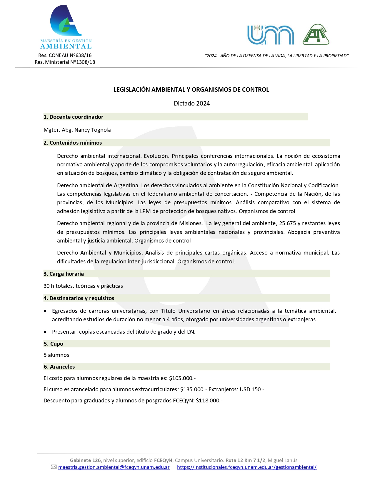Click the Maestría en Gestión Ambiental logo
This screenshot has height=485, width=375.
(x=66, y=27)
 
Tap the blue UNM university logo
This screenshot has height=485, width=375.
(x=270, y=35)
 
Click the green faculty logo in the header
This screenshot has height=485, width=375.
(x=316, y=35)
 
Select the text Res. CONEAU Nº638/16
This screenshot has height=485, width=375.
(x=65, y=55)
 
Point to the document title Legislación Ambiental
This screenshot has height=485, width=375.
(x=191, y=90)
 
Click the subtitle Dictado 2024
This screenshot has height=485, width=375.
(x=191, y=103)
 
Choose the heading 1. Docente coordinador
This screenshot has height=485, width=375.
(x=74, y=117)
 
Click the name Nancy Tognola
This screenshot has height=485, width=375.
(x=92, y=130)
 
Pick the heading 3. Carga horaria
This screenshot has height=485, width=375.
(x=64, y=274)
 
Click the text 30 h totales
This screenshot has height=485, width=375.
(x=59, y=286)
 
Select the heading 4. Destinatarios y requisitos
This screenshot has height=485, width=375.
(x=79, y=298)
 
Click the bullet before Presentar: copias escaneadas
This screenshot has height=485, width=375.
(x=45, y=332)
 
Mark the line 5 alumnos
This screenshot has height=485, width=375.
(x=56, y=355)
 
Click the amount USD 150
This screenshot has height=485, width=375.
(x=251, y=389)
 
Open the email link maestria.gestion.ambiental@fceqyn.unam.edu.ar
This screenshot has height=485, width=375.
(x=114, y=467)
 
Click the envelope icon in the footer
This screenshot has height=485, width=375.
(x=54, y=467)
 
